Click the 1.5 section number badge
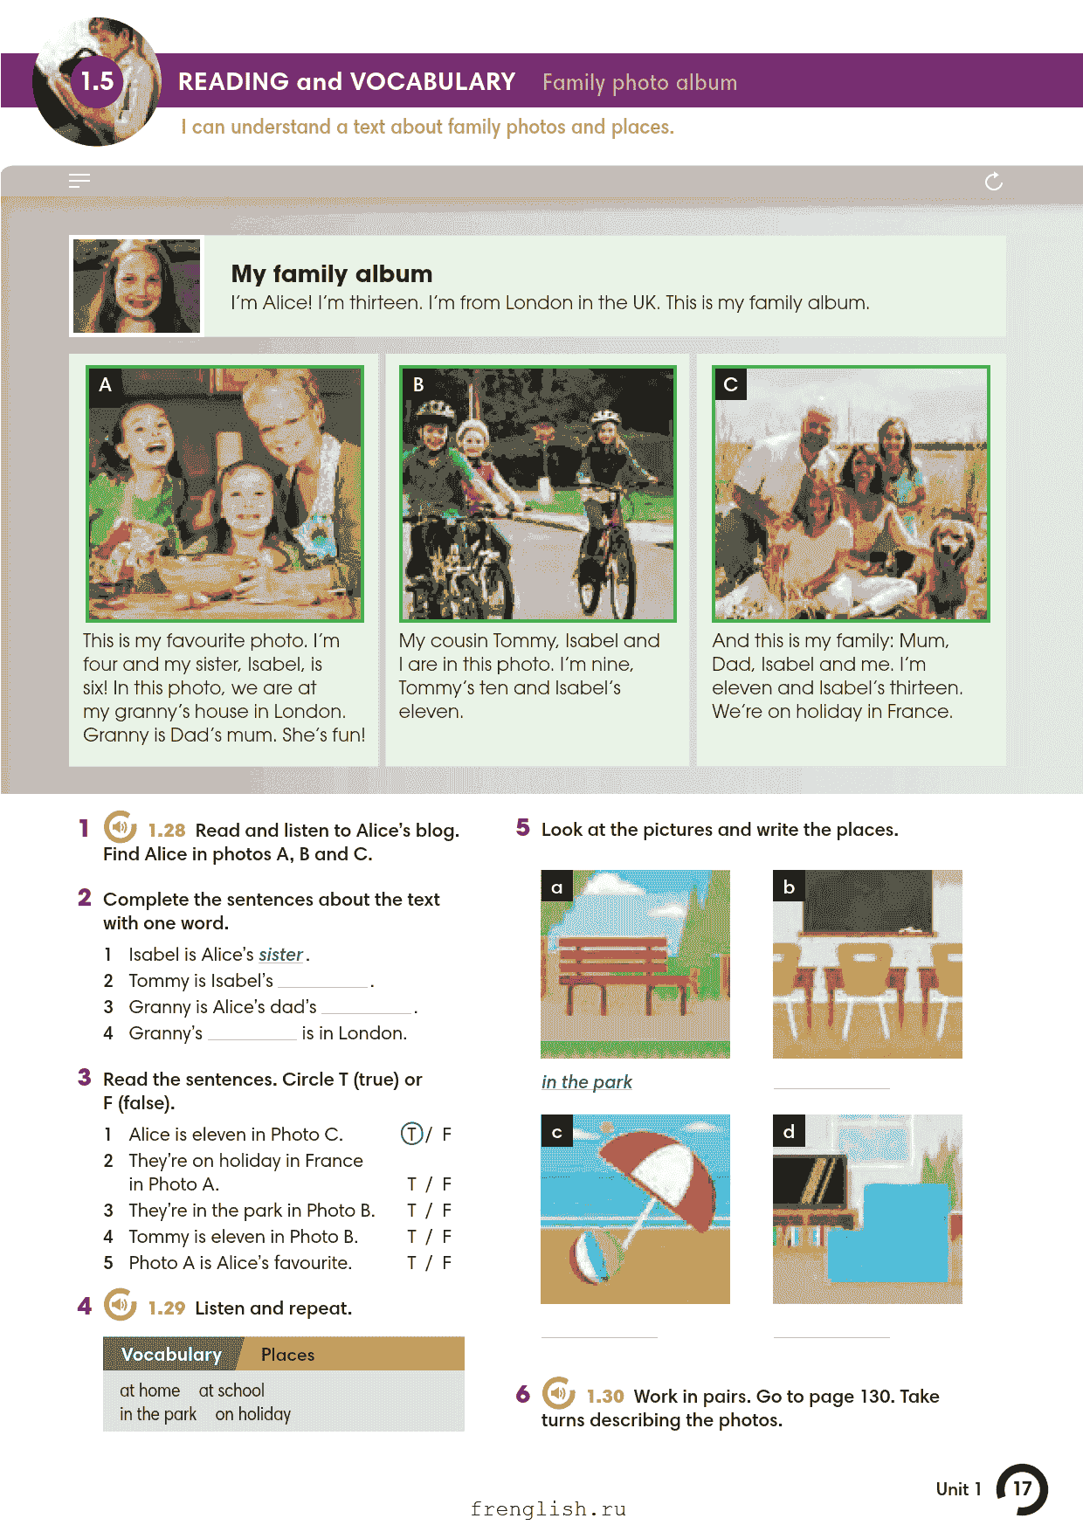98,81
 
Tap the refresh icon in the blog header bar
994,181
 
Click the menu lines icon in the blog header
79,181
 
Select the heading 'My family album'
332,274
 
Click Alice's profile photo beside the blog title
137,286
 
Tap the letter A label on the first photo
106,384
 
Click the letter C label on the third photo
731,384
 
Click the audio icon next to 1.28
121,827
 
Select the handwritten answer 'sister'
280,955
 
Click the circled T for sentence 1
411,1134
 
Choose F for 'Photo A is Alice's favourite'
446,1263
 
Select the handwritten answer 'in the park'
587,1082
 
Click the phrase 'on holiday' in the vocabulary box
253,1414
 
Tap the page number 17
1022,1489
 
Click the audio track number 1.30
605,1397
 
